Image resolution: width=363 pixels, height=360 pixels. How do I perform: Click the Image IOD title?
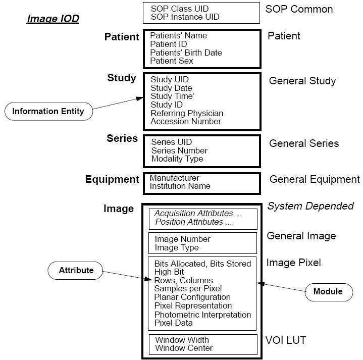click(x=53, y=19)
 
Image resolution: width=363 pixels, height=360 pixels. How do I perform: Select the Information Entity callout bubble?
click(x=48, y=112)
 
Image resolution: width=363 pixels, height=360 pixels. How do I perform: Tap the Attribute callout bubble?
click(x=75, y=271)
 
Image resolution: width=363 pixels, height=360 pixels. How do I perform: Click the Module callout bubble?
click(x=329, y=292)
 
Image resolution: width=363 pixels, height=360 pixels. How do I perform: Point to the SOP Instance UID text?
click(x=185, y=17)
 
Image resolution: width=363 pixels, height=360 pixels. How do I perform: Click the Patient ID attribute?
click(x=168, y=44)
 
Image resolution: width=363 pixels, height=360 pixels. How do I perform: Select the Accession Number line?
click(x=186, y=121)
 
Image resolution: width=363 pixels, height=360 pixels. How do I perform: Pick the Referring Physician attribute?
click(x=187, y=113)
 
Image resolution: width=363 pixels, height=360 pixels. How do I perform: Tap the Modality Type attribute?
click(x=177, y=159)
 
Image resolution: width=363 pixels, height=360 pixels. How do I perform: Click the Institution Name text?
click(x=180, y=186)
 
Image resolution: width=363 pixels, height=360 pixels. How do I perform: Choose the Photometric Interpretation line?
click(x=202, y=315)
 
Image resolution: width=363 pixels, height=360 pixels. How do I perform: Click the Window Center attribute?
click(x=184, y=348)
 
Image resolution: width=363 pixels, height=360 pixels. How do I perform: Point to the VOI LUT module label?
click(x=286, y=340)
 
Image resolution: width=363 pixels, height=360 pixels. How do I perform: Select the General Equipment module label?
click(x=315, y=179)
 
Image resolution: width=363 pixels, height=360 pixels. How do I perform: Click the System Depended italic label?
click(x=310, y=206)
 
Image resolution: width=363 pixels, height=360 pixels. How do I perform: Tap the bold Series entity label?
click(x=122, y=138)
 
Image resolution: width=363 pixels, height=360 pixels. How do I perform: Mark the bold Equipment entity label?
click(x=112, y=179)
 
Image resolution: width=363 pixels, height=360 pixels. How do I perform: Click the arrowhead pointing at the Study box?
click(x=140, y=98)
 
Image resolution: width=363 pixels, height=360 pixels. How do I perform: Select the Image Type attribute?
click(x=177, y=248)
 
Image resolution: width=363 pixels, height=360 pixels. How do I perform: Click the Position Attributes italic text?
click(x=193, y=222)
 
